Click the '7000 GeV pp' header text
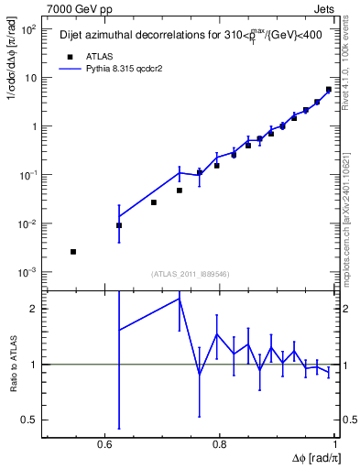74,7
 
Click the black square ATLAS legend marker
67,54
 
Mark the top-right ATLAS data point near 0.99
329,90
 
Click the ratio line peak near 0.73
180,298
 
